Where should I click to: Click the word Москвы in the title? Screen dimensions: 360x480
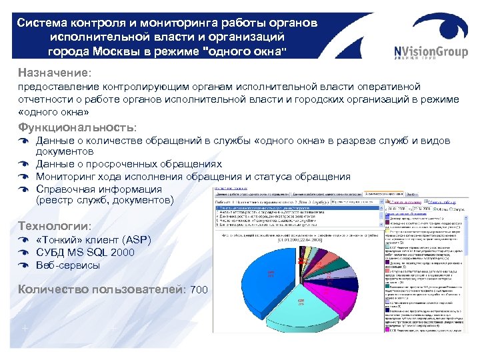130,51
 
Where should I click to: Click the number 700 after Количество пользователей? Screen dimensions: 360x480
199,290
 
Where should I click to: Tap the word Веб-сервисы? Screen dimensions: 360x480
68,265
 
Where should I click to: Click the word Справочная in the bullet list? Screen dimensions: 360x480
67,189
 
